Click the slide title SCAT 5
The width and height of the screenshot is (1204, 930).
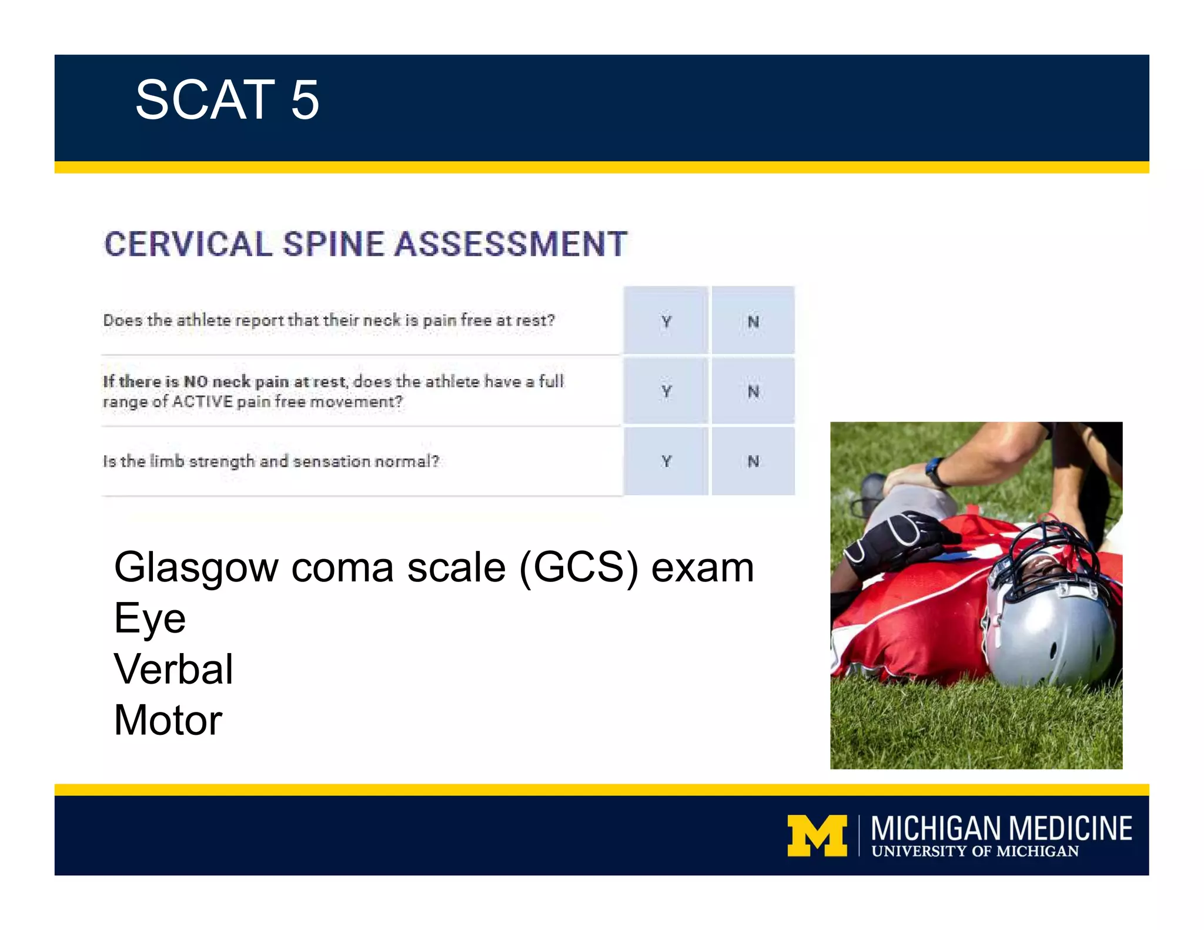(x=227, y=100)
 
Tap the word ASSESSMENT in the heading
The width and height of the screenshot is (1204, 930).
(x=510, y=245)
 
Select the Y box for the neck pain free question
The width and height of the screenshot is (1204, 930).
(x=666, y=321)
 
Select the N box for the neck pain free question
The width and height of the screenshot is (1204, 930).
(x=753, y=321)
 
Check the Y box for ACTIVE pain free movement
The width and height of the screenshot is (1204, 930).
(x=666, y=391)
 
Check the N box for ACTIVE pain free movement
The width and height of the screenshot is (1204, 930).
(x=753, y=391)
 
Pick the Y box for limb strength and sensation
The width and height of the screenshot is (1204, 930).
(x=666, y=461)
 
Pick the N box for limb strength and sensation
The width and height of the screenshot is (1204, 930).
(x=753, y=461)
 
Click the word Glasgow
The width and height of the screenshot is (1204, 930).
(x=196, y=568)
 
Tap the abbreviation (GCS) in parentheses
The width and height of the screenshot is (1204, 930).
(x=578, y=568)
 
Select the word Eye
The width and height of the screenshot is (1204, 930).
(x=150, y=618)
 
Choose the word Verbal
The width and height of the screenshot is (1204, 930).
(x=173, y=670)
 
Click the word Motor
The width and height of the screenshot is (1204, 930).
(x=168, y=721)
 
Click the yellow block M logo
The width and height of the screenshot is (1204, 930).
(x=817, y=835)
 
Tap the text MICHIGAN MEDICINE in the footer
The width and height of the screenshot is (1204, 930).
(x=1001, y=828)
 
